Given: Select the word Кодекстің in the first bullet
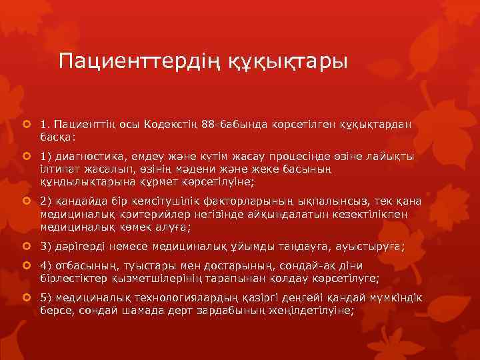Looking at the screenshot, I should point(172,125).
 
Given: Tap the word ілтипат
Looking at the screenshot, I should point(59,169).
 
